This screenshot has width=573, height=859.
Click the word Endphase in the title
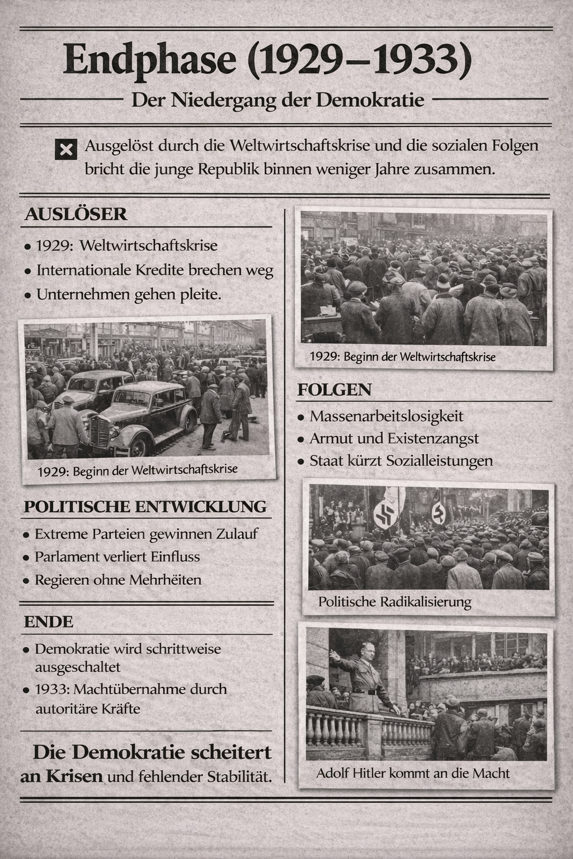tap(149, 60)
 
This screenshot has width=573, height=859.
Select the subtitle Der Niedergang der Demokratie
tap(278, 101)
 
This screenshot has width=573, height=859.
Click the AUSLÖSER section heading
tap(76, 214)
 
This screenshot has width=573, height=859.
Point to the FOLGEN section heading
tap(334, 390)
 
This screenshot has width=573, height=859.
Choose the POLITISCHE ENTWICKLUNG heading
tap(145, 507)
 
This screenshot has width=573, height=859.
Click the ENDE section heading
tap(49, 622)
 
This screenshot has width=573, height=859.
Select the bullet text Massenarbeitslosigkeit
tap(387, 416)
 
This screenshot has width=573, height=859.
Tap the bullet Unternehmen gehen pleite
tap(129, 294)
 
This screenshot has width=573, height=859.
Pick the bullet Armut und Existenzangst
tap(394, 438)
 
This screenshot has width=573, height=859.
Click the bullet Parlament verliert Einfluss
tap(117, 557)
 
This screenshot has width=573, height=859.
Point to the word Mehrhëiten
tap(165, 580)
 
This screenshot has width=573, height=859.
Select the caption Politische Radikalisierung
tap(394, 602)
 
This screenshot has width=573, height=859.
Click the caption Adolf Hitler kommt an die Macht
tap(413, 773)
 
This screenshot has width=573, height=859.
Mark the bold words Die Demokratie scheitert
tap(152, 752)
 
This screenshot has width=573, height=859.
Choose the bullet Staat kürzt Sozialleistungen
tap(401, 461)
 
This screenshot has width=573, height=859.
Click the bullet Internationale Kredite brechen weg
tap(154, 271)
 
